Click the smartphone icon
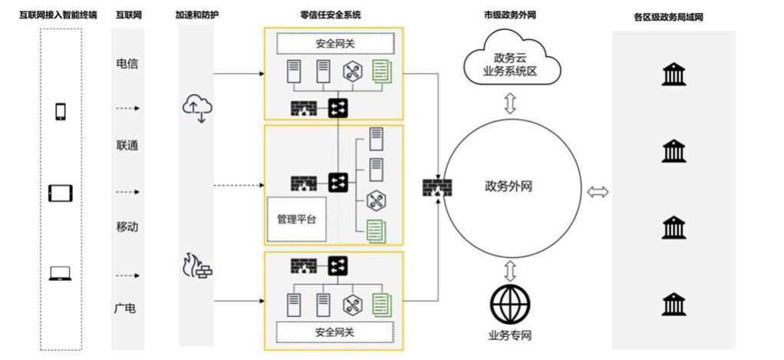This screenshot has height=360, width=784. coord(60,111)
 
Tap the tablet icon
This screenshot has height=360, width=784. coord(60,193)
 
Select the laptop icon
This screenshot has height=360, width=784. coord(60,272)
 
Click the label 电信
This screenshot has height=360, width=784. coord(127,64)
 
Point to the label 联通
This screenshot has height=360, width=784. coord(127,145)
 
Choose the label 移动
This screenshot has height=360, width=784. coord(127,227)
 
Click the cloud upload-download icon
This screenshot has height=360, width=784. coord(196,108)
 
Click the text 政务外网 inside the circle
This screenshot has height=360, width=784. coord(509,186)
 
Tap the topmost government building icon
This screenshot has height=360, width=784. coord(673,74)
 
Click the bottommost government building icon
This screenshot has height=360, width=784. coord(673,305)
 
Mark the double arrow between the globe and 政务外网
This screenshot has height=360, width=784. coord(509,269)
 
